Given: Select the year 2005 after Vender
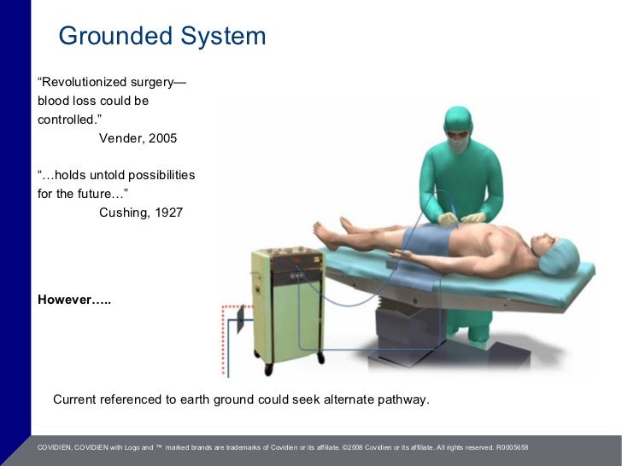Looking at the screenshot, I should click(162, 138).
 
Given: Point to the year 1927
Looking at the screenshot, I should click(168, 213).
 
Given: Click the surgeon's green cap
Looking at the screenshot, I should click(458, 118).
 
